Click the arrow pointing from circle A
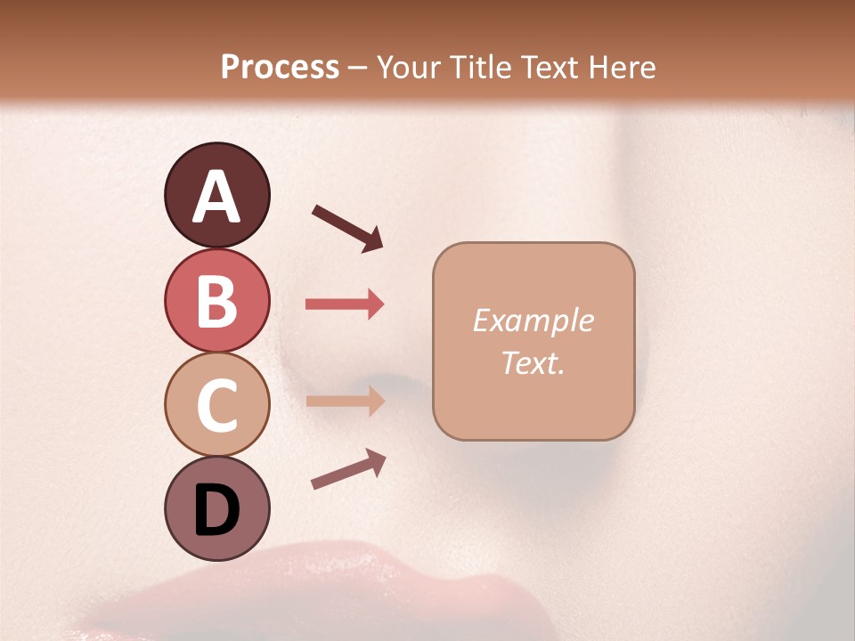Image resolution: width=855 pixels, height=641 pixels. [x=347, y=227]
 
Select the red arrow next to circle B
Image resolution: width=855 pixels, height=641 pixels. [x=345, y=304]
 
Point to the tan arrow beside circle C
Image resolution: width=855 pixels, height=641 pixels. [x=345, y=401]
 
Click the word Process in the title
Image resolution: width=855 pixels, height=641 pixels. [x=280, y=67]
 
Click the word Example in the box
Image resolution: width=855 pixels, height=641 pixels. [x=533, y=320]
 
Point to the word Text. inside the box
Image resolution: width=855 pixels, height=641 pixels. [x=533, y=363]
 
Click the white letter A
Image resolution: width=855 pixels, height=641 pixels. [x=216, y=197]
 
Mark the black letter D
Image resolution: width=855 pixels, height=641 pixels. [x=216, y=510]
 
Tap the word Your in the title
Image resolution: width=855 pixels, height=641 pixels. [x=409, y=67]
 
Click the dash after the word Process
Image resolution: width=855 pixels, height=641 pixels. [x=358, y=68]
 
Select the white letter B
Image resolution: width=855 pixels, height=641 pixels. [x=216, y=301]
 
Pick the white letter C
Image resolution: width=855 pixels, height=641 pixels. [x=216, y=405]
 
